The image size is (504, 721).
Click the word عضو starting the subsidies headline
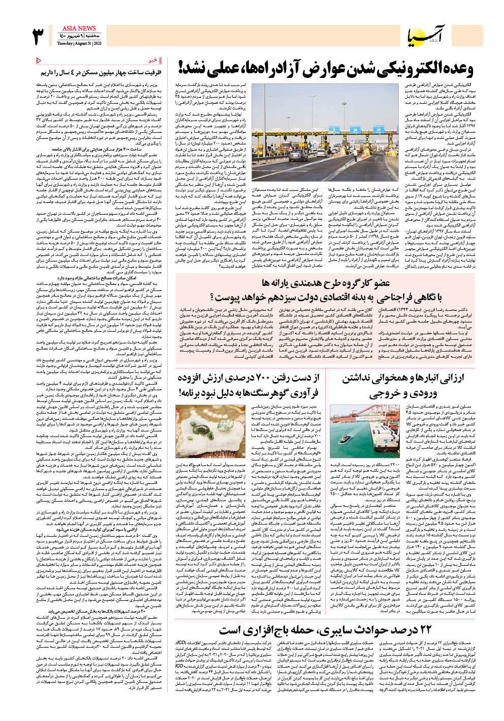click(x=380, y=283)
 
